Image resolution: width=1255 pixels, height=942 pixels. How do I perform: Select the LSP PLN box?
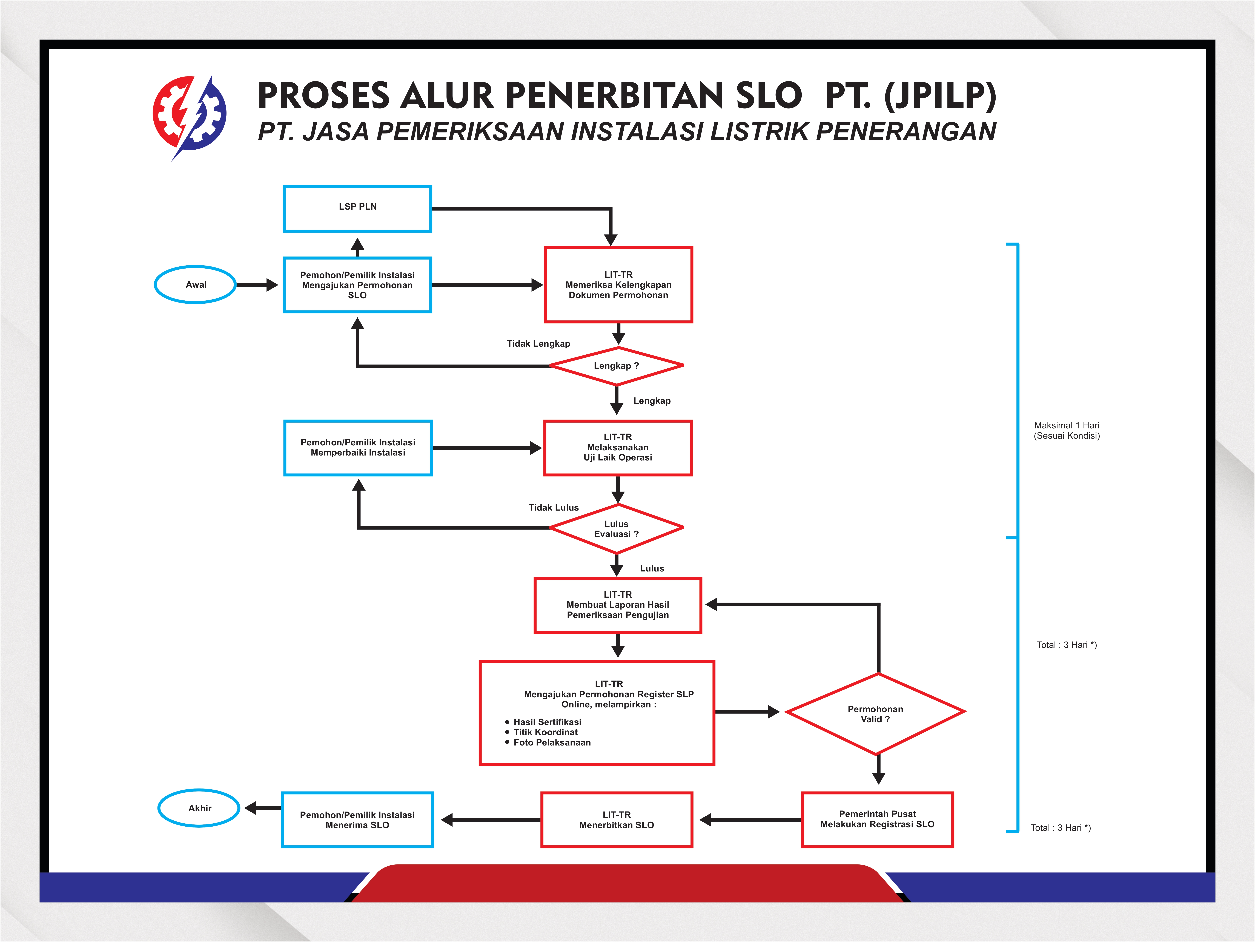(x=357, y=208)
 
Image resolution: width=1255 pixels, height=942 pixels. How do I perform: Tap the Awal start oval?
(x=196, y=284)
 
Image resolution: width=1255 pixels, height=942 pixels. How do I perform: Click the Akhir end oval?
(x=199, y=808)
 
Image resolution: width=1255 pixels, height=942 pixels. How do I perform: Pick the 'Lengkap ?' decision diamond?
(x=617, y=365)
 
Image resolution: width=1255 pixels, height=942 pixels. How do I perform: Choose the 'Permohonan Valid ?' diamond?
(x=875, y=714)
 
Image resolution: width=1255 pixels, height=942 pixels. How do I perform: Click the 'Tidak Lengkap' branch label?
(x=538, y=343)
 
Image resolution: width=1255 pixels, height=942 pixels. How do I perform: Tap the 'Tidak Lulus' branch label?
(x=554, y=507)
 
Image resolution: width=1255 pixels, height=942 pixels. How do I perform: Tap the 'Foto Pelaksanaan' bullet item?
(x=551, y=742)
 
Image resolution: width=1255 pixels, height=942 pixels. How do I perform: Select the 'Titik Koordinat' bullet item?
(x=545, y=732)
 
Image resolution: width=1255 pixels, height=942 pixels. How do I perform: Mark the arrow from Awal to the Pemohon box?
(x=256, y=285)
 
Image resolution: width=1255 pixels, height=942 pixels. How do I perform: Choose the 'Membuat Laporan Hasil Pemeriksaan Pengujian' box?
(x=618, y=605)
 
